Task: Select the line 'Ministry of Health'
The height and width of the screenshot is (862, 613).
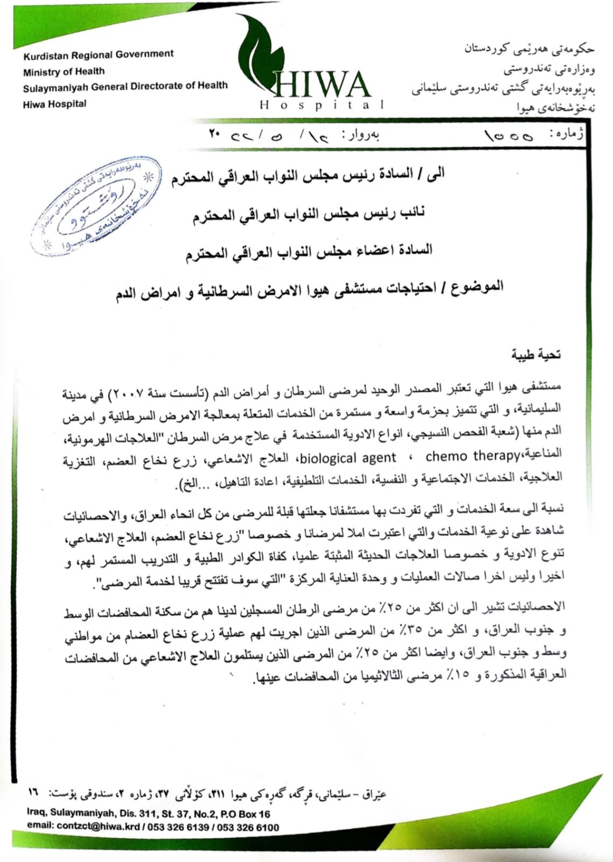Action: click(64, 71)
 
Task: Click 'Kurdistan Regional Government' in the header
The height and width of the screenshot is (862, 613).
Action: click(98, 54)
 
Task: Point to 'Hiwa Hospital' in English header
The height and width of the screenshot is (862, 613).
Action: click(54, 104)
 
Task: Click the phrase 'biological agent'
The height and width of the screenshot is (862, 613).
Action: click(347, 458)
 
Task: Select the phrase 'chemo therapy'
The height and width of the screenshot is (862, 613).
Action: click(471, 456)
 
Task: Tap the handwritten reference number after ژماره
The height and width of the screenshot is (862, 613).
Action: click(509, 136)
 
